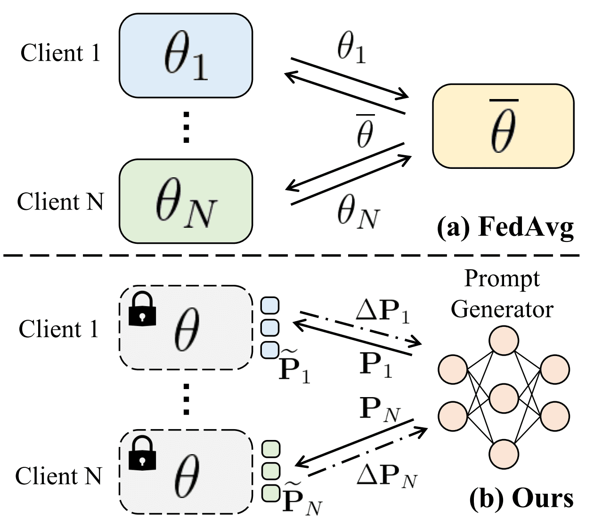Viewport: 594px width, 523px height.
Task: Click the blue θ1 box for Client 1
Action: [186, 56]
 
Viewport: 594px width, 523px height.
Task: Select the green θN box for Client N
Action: [186, 201]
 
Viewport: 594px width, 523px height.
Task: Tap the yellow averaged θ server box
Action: [503, 126]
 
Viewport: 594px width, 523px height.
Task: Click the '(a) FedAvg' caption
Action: [505, 228]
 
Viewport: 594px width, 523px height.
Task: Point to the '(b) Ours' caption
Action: [521, 498]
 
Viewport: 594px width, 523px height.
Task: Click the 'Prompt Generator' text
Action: [502, 294]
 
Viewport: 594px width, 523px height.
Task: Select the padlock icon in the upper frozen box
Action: [142, 308]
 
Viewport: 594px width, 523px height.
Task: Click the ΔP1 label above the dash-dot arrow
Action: [382, 311]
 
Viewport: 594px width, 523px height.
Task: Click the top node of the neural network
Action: [504, 341]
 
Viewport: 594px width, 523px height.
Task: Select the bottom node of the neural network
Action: [504, 454]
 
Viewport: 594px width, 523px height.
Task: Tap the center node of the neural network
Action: [504, 398]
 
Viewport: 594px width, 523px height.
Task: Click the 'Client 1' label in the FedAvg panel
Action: [60, 53]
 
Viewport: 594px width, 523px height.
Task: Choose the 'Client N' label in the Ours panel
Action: [58, 476]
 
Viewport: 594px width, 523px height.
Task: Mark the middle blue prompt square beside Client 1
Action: [270, 327]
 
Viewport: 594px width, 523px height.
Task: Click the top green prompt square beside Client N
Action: [270, 448]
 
